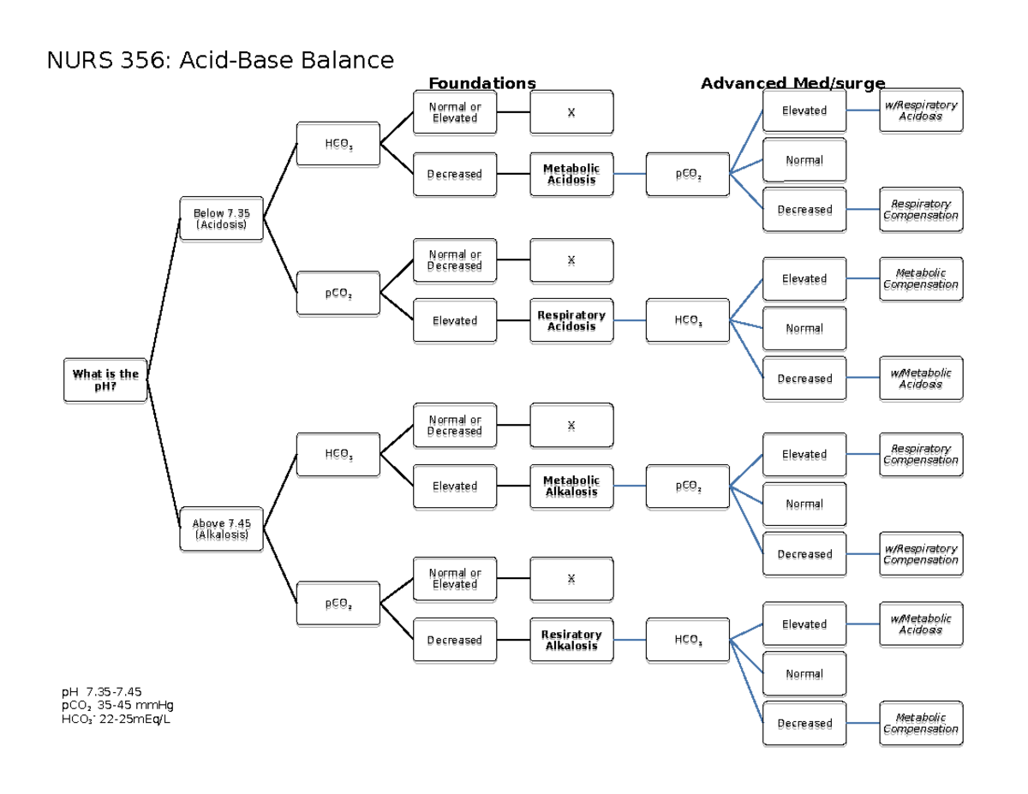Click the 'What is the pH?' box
105,380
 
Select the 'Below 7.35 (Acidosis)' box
221,218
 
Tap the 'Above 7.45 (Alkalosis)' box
221,528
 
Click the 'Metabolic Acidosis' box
571,174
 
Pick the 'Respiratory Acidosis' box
571,321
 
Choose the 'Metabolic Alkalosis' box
571,487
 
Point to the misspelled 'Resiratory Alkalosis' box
571,640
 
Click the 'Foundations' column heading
482,83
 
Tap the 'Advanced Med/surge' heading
792,83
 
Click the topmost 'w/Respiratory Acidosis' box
921,110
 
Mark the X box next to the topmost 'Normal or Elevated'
571,113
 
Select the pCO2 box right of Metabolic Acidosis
688,174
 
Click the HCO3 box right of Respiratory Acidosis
688,321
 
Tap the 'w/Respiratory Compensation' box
921,554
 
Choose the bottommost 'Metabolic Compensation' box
921,724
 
